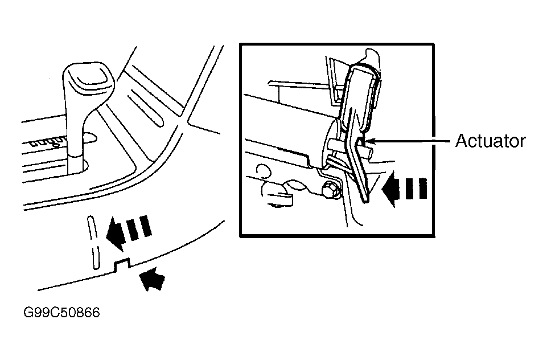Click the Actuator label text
pos(490,141)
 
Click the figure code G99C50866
pos(61,312)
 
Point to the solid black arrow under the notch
pos(152,281)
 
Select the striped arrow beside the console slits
pos(129,231)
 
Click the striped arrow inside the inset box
pos(404,189)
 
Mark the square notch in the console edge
pos(122,264)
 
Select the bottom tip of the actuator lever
pos(365,201)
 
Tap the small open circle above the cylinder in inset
pos(264,171)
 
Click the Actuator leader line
pos(408,141)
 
